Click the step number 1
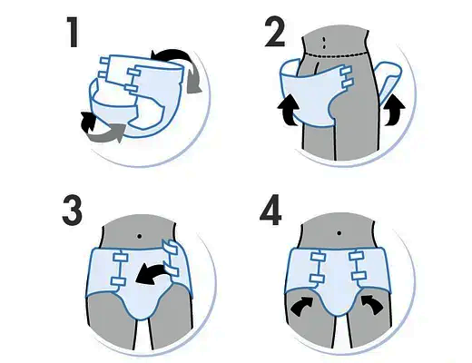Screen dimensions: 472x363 (x=73, y=32)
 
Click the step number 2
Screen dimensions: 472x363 (x=275, y=31)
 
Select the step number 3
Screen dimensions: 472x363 (x=72, y=211)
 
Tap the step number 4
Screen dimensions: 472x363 (x=270, y=211)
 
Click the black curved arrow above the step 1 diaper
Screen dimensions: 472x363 (x=170, y=54)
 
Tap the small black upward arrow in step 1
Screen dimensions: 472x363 (x=87, y=122)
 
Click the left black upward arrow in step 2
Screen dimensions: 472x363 (x=289, y=110)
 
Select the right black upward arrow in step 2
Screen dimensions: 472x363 (x=394, y=110)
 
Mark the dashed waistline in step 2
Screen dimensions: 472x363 (x=336, y=54)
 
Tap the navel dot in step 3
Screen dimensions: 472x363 (x=139, y=236)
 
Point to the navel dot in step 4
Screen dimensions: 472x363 (x=339, y=233)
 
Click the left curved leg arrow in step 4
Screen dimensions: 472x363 (x=302, y=306)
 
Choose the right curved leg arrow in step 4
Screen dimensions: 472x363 (x=373, y=305)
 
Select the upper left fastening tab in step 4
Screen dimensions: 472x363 (x=318, y=257)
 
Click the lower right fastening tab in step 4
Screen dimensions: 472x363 (x=359, y=276)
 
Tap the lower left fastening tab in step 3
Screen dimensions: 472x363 (x=118, y=281)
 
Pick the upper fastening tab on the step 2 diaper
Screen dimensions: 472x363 (x=347, y=72)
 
